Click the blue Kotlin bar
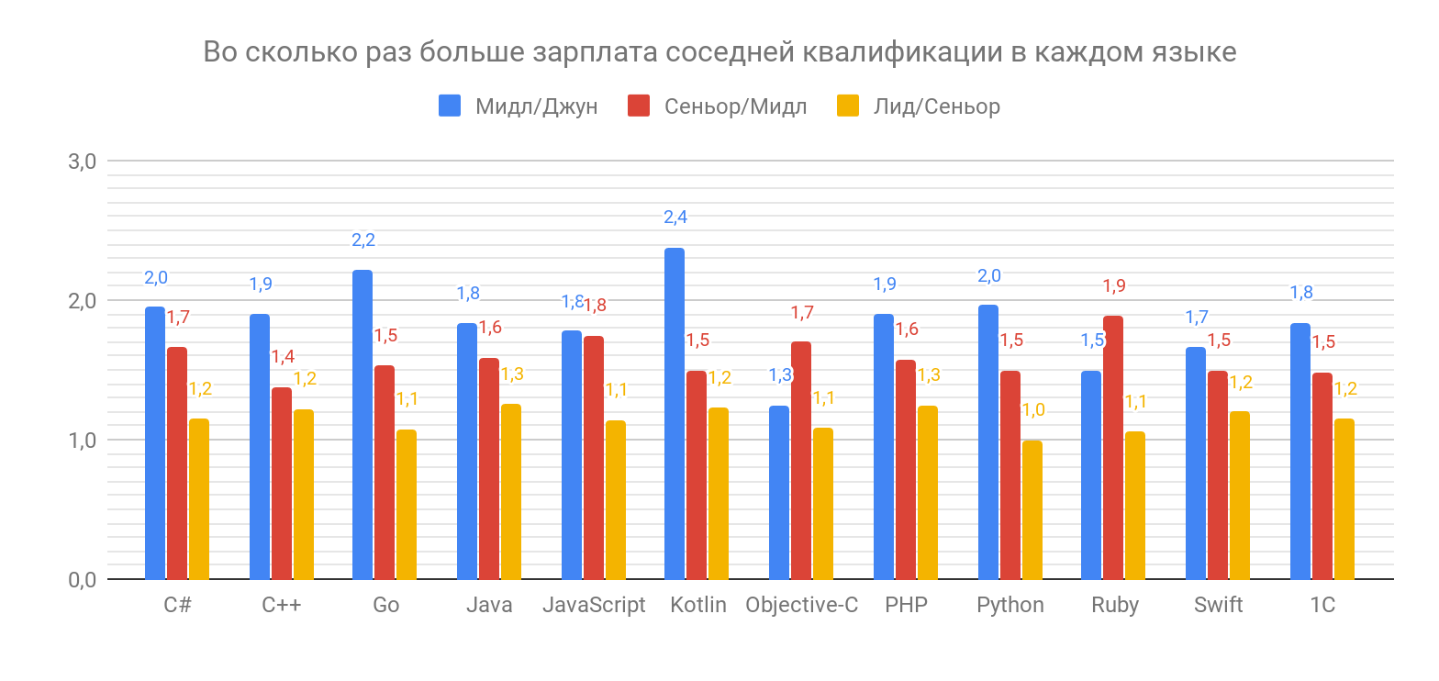click(675, 414)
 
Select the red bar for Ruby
click(1113, 448)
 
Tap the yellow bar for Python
click(1032, 510)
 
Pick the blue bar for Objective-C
click(779, 493)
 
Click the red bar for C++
click(282, 484)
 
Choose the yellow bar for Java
click(511, 492)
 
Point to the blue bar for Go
click(363, 425)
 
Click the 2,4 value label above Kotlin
click(675, 218)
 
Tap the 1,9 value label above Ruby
click(1113, 286)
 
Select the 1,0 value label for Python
click(1033, 410)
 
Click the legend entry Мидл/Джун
click(536, 106)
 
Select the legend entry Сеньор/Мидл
click(734, 106)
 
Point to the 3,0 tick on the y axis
click(83, 162)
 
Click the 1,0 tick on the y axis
click(83, 441)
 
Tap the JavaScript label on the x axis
click(594, 606)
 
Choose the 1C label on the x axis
click(1322, 606)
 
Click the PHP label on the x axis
click(906, 606)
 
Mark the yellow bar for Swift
click(1240, 496)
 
